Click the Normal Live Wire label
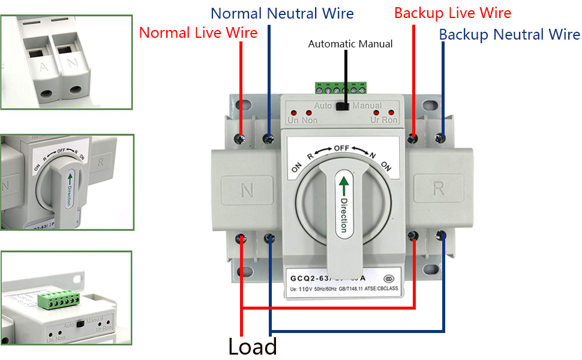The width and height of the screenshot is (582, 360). pos(198,32)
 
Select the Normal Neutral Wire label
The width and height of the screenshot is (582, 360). pos(282,13)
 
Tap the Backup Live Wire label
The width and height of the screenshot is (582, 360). pos(452,13)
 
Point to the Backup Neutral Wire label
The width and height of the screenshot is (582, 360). pos(509,34)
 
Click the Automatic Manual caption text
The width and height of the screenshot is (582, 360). pos(350,44)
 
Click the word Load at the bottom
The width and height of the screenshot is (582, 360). pos(253,347)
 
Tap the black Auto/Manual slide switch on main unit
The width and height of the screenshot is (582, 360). pos(343,106)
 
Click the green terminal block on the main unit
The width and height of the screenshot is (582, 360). pos(340,89)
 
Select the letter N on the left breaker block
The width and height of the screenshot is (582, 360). pos(247,191)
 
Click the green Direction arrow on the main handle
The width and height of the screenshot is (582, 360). pos(343,184)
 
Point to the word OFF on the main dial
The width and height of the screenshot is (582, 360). pos(341,148)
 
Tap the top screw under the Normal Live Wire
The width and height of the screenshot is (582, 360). pos(241,139)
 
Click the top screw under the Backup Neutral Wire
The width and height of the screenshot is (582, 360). pos(443,139)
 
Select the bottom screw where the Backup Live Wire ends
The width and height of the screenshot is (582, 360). pos(414,237)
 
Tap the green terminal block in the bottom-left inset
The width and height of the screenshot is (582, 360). pos(59,299)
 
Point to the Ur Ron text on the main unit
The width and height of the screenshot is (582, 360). pos(384,120)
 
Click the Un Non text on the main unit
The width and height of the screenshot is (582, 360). pos(302,120)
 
